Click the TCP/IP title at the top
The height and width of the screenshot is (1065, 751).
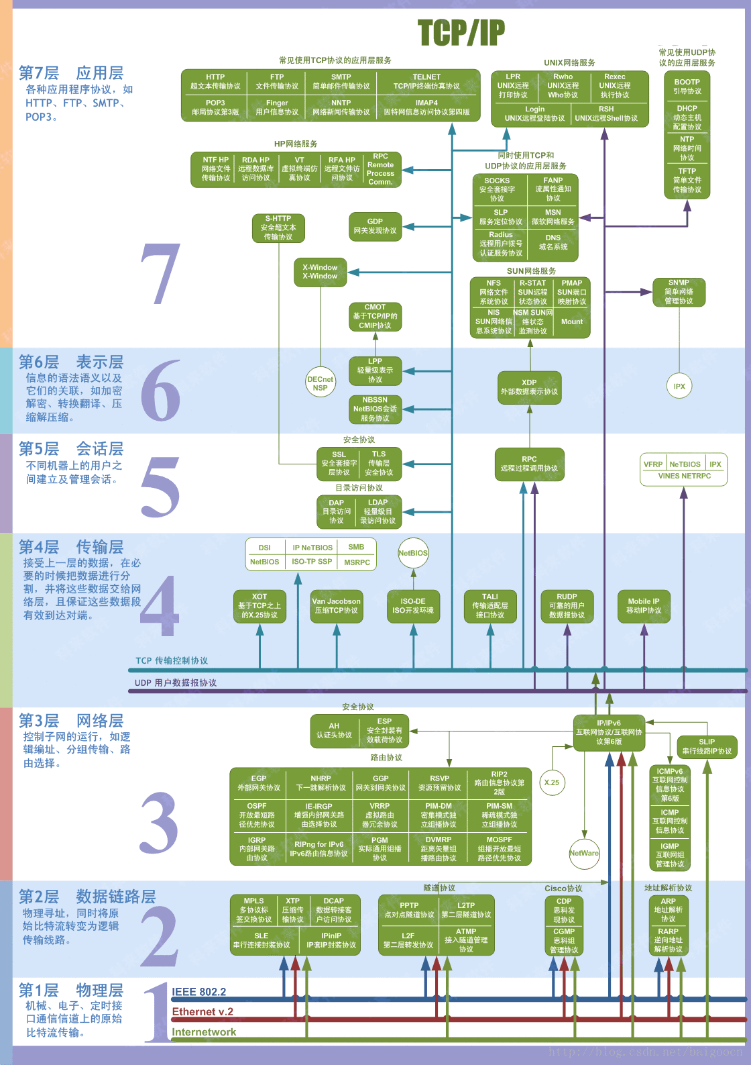coord(461,32)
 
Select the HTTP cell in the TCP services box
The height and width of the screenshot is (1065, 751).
coord(215,82)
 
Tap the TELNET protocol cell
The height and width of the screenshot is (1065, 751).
coord(426,82)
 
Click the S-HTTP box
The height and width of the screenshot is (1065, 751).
coord(278,228)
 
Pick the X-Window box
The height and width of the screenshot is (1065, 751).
coord(320,272)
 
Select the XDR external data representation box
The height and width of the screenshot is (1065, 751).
coord(529,387)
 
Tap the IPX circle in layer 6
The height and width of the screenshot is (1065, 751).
coord(679,387)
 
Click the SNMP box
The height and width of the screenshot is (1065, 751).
coord(679,292)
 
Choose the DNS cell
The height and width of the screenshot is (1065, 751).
coord(553,242)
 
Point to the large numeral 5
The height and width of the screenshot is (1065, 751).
coord(160,487)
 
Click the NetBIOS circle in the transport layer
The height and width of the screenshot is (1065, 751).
coord(413,553)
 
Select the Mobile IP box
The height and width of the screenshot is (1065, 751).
coord(644,606)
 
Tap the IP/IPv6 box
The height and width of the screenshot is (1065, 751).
coord(609,732)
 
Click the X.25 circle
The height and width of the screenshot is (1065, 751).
coord(552,782)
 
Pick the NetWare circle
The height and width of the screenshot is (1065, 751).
coord(584,853)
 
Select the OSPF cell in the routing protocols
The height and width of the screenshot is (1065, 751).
coord(257,815)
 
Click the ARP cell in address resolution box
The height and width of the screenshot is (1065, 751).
coord(669,910)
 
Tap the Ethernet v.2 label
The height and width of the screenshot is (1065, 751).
coord(203,1012)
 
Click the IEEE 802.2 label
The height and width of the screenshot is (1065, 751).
coord(199,992)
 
